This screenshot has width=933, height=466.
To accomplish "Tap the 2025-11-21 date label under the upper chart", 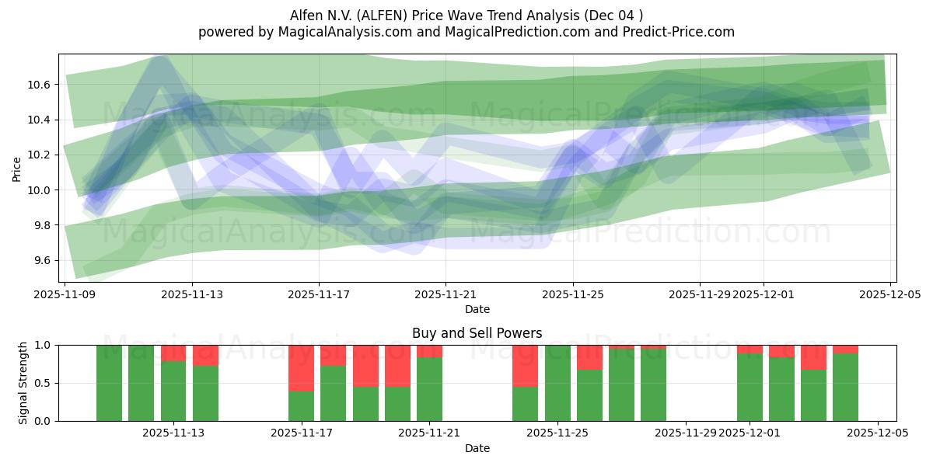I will click(446, 295).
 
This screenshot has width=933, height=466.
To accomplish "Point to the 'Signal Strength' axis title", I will click(23, 383).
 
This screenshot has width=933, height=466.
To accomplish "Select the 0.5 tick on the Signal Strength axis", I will click(44, 383).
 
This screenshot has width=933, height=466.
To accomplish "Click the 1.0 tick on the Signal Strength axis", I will click(44, 345).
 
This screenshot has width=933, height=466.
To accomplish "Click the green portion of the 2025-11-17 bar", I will click(301, 406).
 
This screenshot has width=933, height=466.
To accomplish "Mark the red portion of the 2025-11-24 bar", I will click(525, 365).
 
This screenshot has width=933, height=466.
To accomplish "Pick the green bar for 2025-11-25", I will click(557, 383).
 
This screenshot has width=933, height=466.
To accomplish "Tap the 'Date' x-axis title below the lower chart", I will click(477, 448).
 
